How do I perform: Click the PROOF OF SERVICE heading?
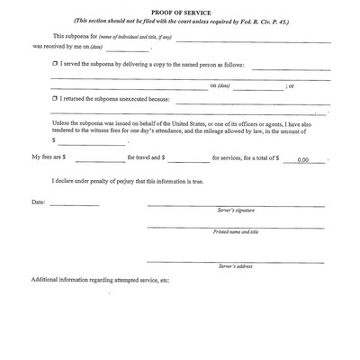[179, 13]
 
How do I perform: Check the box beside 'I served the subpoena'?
[55, 66]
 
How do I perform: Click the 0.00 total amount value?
[303, 159]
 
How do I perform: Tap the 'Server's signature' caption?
[237, 209]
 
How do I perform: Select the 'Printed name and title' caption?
[236, 231]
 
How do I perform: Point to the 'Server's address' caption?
[237, 266]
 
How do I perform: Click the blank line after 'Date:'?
[75, 204]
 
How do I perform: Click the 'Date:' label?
[38, 202]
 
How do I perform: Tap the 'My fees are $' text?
[49, 158]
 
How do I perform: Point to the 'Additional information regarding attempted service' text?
[101, 280]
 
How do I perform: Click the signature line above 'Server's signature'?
[237, 204]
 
